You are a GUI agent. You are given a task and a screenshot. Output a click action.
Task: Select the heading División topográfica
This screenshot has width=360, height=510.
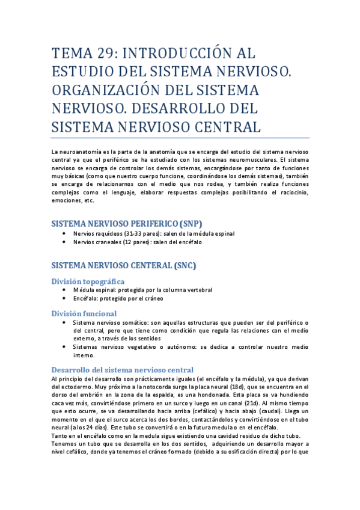88,281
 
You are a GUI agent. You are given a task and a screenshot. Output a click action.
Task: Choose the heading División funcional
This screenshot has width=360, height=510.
84,313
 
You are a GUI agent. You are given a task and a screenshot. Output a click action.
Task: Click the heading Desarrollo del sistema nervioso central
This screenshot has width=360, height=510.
123,369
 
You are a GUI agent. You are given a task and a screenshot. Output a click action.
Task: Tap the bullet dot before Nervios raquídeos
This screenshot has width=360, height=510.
65,233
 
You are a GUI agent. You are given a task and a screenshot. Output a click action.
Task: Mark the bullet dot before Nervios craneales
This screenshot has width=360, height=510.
65,242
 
